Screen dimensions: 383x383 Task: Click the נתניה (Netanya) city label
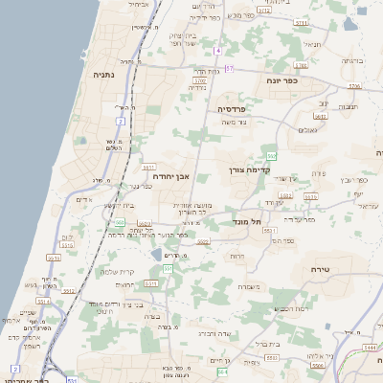(104, 74)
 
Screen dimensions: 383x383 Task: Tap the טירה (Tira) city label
(321, 271)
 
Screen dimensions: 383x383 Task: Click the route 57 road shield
(230, 68)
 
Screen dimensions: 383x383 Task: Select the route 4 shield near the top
(217, 49)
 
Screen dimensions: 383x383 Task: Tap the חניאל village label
(311, 44)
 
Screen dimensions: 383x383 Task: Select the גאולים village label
(307, 129)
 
